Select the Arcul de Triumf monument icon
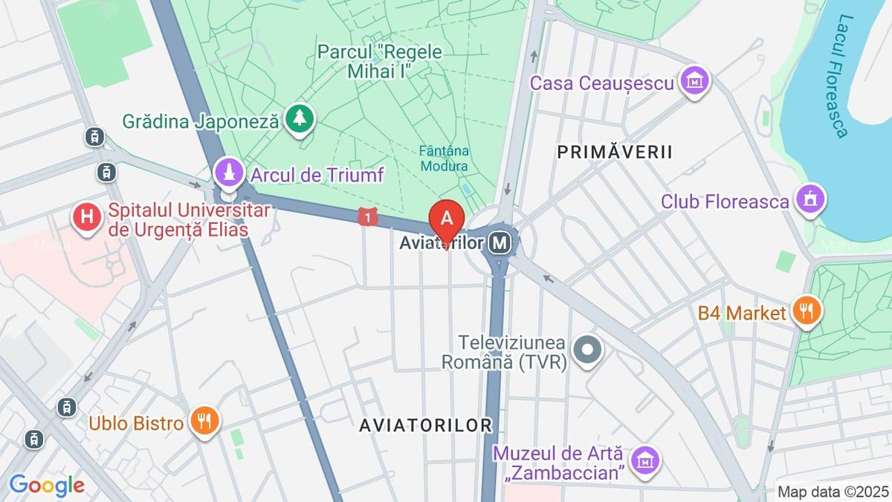pos(229,174)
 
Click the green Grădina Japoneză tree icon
pos(299,119)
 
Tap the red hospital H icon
pos(88,218)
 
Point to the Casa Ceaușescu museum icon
pos(694,82)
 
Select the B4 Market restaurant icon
pos(806,312)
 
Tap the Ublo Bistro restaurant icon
pos(203,422)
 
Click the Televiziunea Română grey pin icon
pos(588,350)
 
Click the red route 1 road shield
pos(366,217)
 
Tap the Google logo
pos(46,486)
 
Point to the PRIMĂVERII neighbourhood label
pos(615,152)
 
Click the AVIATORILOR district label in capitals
pos(425,425)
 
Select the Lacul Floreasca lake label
pos(835,75)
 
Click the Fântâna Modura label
pos(444,157)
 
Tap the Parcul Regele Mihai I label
pos(379,61)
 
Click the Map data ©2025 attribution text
pos(833,492)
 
